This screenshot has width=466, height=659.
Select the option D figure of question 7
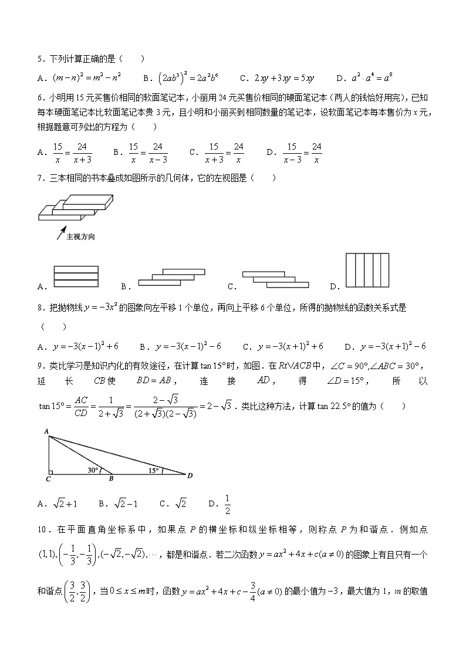[x=367, y=271]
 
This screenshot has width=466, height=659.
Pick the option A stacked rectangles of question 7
[x=75, y=276]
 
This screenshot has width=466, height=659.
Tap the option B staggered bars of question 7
[x=172, y=278]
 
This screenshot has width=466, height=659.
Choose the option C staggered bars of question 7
[x=275, y=279]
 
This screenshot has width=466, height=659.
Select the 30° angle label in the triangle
[x=92, y=469]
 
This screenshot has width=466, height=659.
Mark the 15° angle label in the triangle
[x=154, y=470]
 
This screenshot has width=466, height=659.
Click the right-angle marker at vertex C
[x=51, y=471]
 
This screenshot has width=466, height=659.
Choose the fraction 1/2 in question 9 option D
[x=227, y=503]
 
